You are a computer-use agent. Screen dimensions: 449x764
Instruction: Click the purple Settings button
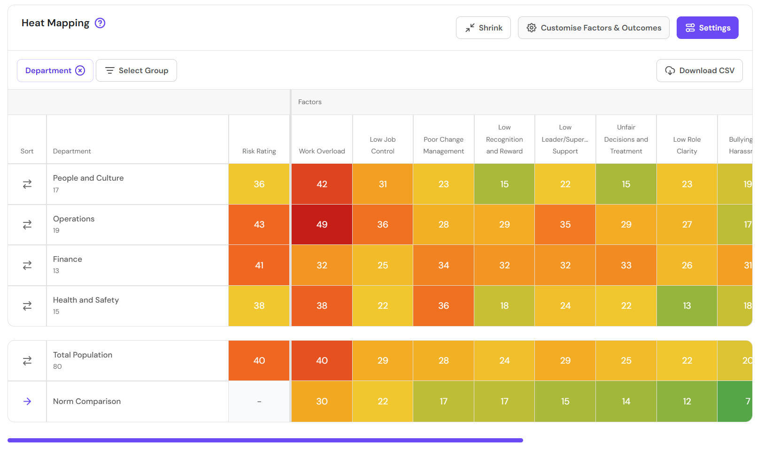tap(707, 28)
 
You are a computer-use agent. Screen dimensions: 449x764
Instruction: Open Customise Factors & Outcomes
tap(594, 28)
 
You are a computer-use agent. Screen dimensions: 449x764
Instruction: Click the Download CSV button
tap(699, 70)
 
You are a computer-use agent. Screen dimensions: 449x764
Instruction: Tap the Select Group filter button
tap(136, 70)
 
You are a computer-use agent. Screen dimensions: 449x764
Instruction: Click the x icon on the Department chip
tap(80, 70)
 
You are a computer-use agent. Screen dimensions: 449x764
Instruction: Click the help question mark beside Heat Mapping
tap(100, 23)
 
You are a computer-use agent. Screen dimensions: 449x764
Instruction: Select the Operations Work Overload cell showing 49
tap(322, 224)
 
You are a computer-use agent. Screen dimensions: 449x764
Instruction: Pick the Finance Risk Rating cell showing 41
tap(259, 265)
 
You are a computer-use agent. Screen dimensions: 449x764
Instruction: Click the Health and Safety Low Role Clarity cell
tap(687, 306)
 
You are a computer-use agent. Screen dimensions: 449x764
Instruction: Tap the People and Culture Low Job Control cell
tap(383, 184)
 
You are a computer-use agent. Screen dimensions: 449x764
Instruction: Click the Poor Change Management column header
tap(443, 145)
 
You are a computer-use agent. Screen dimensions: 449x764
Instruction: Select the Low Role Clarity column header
tap(687, 145)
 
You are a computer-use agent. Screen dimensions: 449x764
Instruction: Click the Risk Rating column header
tap(259, 151)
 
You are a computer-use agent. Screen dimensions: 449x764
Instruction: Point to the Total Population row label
tap(83, 355)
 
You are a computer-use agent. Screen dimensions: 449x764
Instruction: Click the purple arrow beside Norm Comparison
tap(27, 401)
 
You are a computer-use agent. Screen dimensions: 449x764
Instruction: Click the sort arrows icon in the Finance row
tap(27, 265)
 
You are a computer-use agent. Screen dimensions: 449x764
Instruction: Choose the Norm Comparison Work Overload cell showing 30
tap(322, 401)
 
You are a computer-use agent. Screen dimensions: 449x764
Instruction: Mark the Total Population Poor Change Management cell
tap(443, 360)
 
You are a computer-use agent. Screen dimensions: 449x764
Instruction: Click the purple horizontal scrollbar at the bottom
tap(265, 440)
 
